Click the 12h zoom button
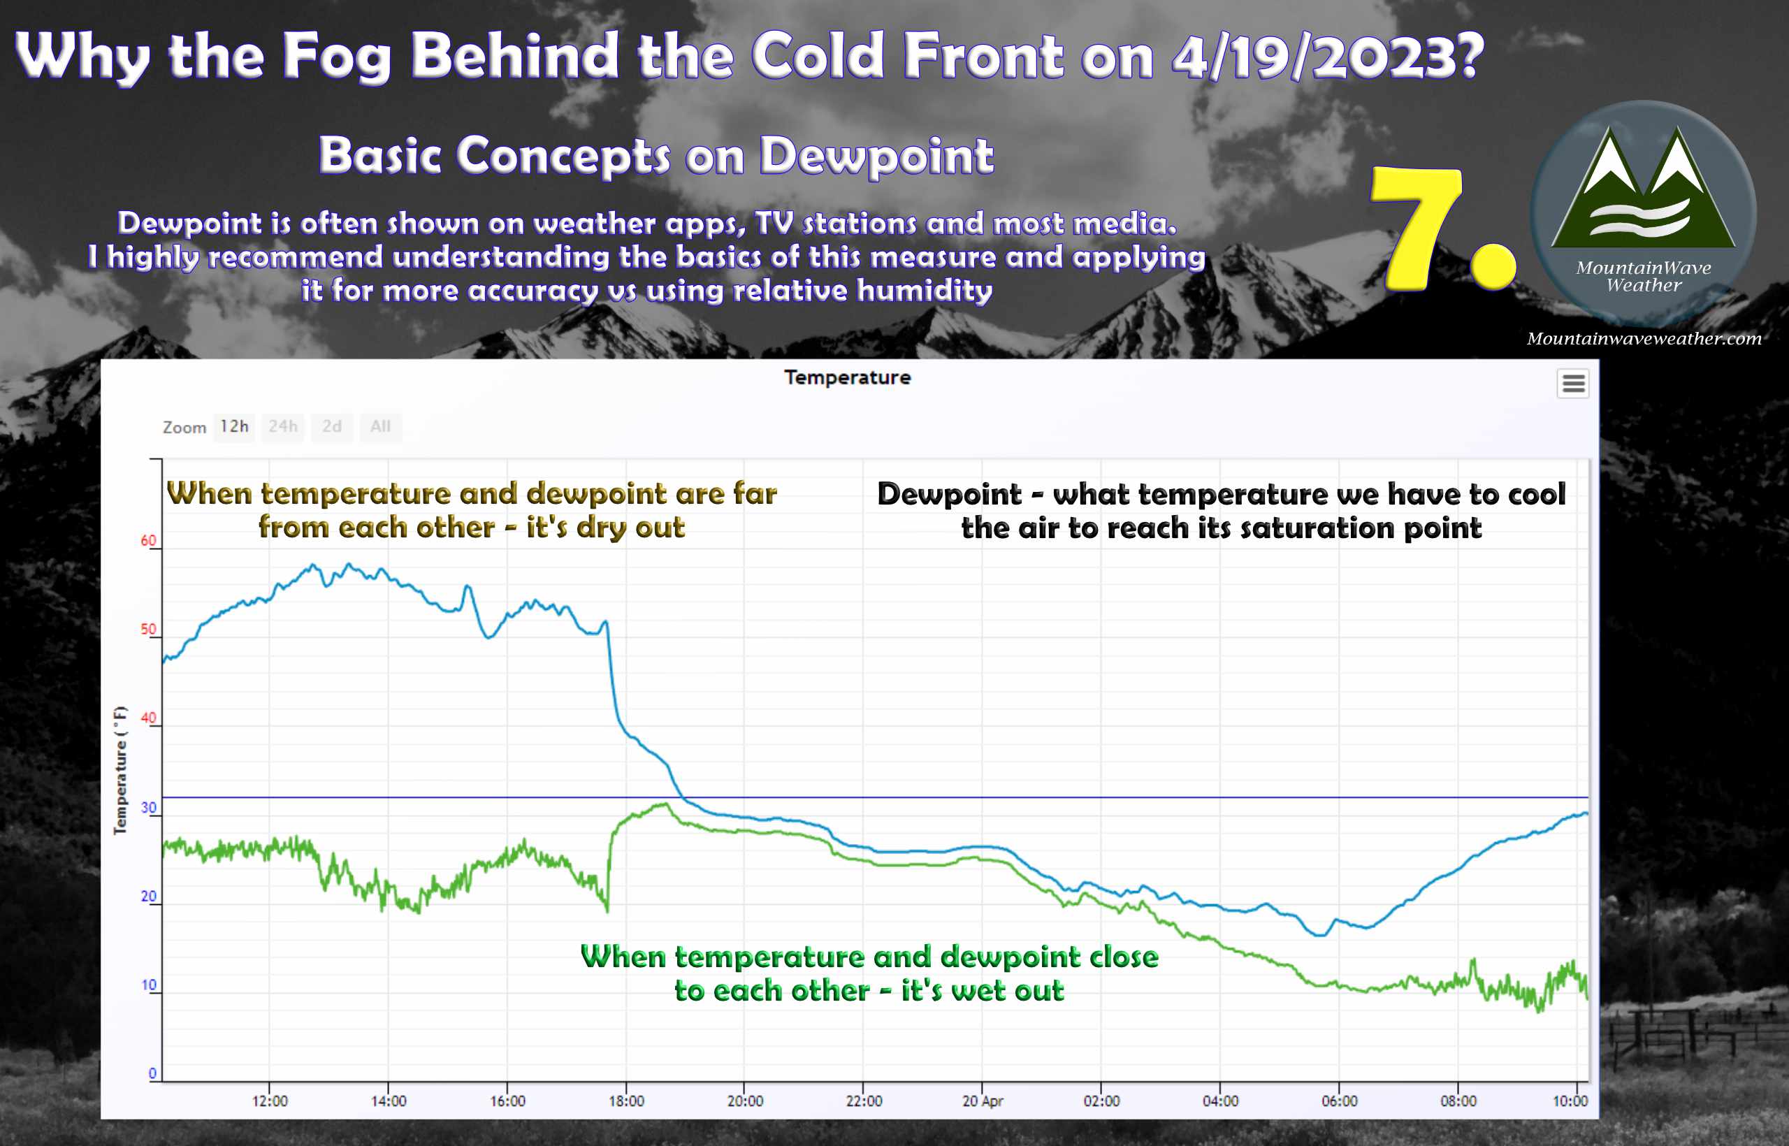233,427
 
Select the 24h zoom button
283,427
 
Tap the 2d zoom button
332,427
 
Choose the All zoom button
380,427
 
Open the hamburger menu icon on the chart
1573,383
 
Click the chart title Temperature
847,377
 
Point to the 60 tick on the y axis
149,540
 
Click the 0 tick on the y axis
152,1073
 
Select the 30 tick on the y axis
149,807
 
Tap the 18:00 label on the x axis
626,1101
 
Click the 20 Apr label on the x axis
983,1101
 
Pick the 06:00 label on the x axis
1339,1101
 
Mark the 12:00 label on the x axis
269,1101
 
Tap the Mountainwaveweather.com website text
1644,339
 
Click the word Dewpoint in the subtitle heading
876,157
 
